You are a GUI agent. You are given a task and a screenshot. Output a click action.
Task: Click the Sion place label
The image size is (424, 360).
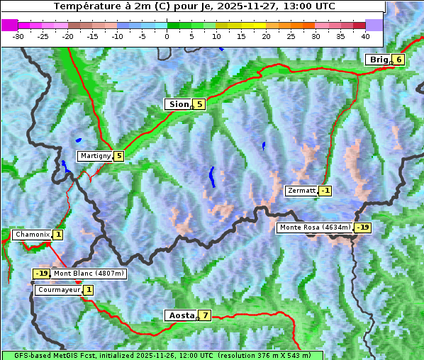(x=178, y=104)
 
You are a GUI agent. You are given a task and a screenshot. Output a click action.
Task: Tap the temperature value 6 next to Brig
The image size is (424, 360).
(x=399, y=60)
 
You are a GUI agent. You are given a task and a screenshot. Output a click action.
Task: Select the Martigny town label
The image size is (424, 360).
(x=95, y=156)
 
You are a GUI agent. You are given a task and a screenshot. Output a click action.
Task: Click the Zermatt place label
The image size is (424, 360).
(x=301, y=191)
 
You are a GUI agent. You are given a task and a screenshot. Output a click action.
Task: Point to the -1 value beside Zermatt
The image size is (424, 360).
(x=325, y=191)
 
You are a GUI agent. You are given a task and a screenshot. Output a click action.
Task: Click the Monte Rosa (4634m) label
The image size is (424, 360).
(x=315, y=227)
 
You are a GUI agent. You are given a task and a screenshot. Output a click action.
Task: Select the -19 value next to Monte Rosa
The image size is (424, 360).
(x=362, y=227)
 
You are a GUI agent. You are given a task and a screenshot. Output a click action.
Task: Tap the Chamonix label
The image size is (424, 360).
(x=32, y=235)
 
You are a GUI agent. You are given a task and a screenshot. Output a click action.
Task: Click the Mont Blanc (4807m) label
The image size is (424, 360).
(x=89, y=274)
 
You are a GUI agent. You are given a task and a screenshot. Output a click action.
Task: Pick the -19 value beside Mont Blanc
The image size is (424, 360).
(x=41, y=274)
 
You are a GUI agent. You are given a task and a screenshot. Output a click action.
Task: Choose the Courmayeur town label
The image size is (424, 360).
(x=58, y=290)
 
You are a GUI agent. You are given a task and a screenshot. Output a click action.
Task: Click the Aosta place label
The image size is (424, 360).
(x=180, y=315)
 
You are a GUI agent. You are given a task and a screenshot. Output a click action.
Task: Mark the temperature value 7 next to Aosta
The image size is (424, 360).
(x=205, y=315)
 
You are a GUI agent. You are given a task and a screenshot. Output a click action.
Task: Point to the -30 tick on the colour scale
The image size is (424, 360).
(x=18, y=35)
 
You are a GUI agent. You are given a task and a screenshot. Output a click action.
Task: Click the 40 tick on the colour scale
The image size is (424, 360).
(x=365, y=35)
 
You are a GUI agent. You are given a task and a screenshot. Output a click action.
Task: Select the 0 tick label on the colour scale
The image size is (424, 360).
(x=167, y=35)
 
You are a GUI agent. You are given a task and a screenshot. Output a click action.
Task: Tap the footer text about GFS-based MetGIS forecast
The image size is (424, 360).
(x=162, y=355)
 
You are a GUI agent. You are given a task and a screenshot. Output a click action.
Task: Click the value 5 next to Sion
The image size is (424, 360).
(x=199, y=104)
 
